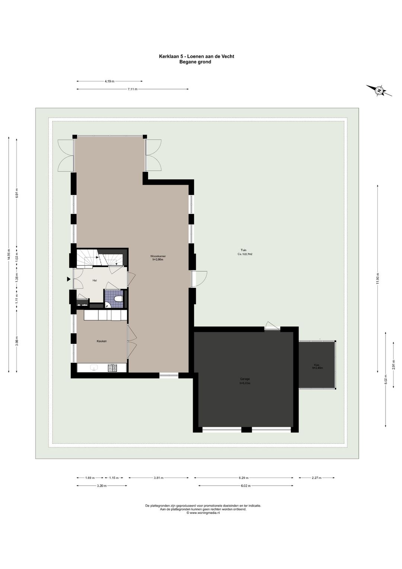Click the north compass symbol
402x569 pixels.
pyautogui.click(x=379, y=91)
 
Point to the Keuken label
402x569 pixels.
pyautogui.click(x=102, y=341)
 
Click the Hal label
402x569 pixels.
pyautogui.click(x=95, y=280)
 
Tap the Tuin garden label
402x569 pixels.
pyautogui.click(x=244, y=250)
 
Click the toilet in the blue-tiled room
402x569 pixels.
pyautogui.click(x=118, y=299)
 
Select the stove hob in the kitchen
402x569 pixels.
pyautogui.click(x=112, y=368)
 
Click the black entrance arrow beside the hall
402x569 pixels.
pyautogui.click(x=68, y=279)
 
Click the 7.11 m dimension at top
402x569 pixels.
pyautogui.click(x=133, y=89)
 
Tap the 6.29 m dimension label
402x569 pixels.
pyautogui.click(x=244, y=478)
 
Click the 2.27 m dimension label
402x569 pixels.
pyautogui.click(x=317, y=478)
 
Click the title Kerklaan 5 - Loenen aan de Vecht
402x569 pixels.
pyautogui.click(x=197, y=56)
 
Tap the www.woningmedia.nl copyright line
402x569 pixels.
pyautogui.click(x=203, y=513)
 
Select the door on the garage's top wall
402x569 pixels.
pyautogui.click(x=272, y=327)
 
